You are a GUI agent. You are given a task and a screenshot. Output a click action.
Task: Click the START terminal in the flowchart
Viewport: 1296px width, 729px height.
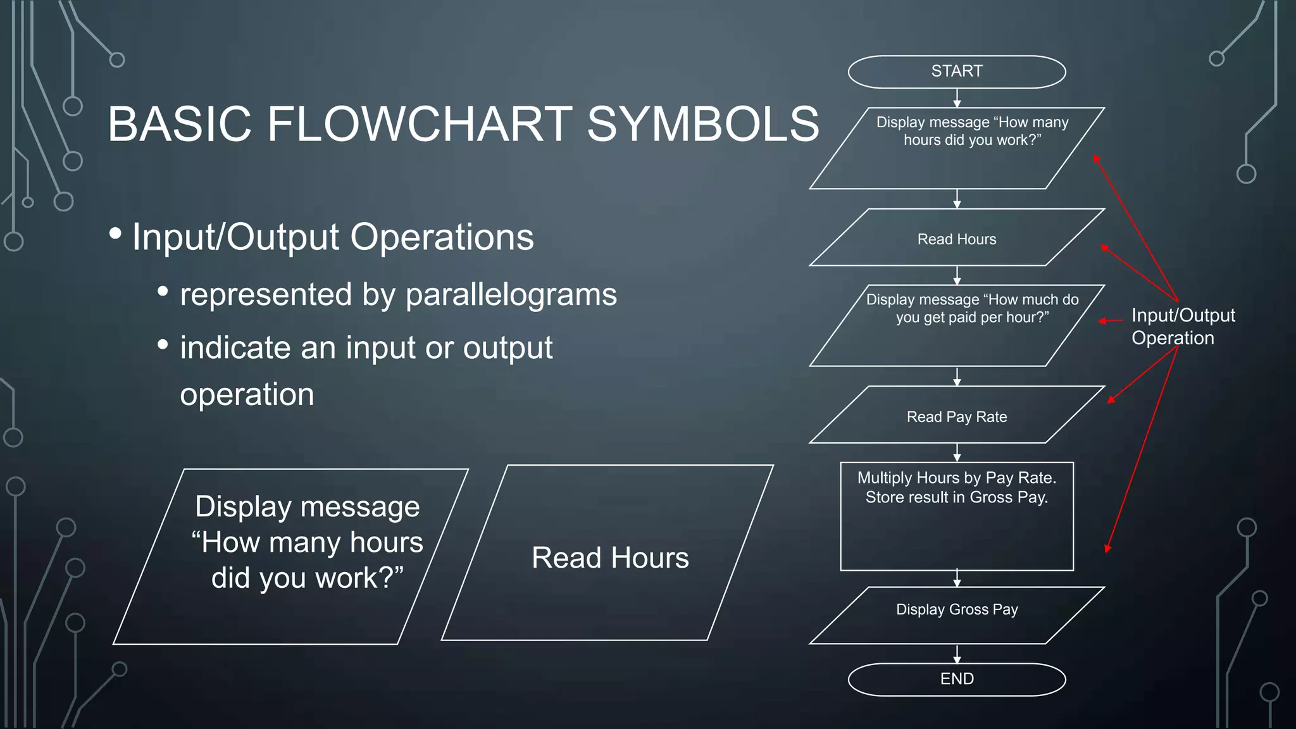click(956, 72)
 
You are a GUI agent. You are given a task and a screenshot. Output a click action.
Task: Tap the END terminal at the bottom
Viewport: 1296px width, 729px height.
click(956, 679)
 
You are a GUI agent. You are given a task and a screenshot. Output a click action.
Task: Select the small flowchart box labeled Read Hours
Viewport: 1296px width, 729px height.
click(956, 239)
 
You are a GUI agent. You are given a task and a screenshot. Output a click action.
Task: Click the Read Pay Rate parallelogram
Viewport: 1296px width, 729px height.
click(956, 416)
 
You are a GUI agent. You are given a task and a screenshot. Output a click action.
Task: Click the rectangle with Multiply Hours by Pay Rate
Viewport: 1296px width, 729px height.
click(956, 516)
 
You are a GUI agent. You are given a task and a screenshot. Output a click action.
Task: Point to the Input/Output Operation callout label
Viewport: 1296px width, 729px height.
click(1182, 327)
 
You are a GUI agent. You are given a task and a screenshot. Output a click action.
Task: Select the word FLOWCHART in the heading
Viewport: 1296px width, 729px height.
click(419, 124)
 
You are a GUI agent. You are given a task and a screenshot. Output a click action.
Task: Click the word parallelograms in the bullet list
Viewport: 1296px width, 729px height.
click(511, 295)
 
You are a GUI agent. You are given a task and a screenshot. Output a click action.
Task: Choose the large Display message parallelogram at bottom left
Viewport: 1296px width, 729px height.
click(291, 557)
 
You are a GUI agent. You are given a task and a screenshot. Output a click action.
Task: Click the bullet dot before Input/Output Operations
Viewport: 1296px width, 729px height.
click(115, 234)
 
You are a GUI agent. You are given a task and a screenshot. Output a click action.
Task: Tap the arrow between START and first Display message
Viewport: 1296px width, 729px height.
click(957, 98)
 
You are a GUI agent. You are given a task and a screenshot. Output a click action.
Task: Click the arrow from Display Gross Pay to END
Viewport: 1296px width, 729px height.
click(957, 654)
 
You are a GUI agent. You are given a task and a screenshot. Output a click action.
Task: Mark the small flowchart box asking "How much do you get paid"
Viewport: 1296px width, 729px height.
click(956, 326)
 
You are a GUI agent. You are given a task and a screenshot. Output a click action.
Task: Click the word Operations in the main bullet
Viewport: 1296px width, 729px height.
click(442, 237)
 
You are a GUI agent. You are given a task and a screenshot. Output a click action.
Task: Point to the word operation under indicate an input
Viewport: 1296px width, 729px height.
click(247, 395)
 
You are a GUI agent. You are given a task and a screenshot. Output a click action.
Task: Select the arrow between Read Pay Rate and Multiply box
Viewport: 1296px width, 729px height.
click(957, 452)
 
